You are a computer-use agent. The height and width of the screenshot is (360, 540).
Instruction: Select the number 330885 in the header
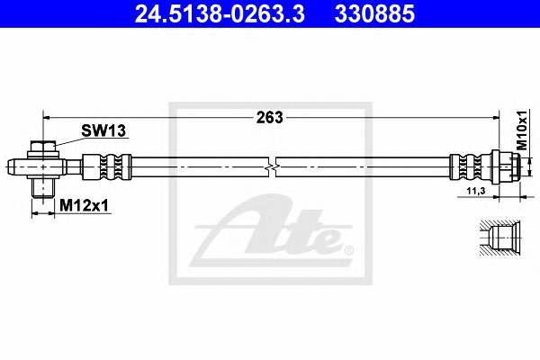374,13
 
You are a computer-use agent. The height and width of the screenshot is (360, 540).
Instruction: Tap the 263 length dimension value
269,117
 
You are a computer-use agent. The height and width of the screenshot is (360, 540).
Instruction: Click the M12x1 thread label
83,206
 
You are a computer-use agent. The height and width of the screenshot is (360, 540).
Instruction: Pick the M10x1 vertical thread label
521,131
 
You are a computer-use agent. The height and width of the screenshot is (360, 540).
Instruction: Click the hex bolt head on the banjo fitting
43,148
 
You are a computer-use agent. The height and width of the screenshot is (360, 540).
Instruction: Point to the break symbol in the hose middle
274,167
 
